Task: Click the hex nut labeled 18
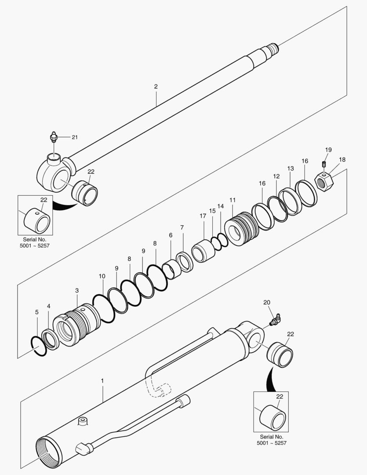click(324, 180)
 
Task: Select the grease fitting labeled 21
click(54, 137)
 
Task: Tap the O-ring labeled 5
click(39, 347)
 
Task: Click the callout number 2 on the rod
click(156, 87)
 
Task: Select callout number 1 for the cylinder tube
click(102, 379)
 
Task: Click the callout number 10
click(102, 276)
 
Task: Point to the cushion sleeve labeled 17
click(203, 251)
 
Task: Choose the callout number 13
click(291, 168)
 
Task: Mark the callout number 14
click(221, 206)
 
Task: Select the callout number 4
click(49, 306)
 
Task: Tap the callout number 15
click(212, 211)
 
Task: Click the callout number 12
click(276, 176)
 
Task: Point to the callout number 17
click(203, 216)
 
